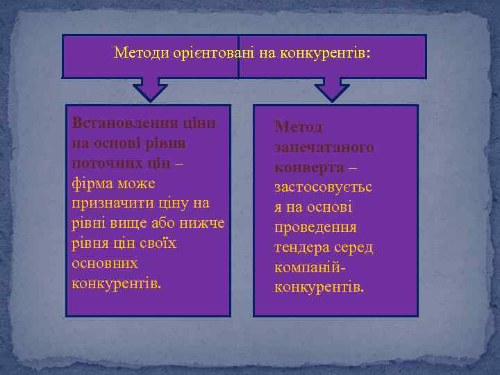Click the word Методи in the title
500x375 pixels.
coord(137,53)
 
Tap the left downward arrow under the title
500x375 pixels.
coord(151,88)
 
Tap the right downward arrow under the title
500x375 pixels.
coord(332,88)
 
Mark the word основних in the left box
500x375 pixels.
coord(105,265)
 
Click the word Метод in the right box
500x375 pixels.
coord(298,127)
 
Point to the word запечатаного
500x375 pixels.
coord(324,147)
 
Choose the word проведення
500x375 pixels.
coord(316,228)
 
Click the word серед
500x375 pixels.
coord(353,248)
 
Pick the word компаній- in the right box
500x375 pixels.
coord(310,268)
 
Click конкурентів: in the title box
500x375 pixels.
coord(326,53)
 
